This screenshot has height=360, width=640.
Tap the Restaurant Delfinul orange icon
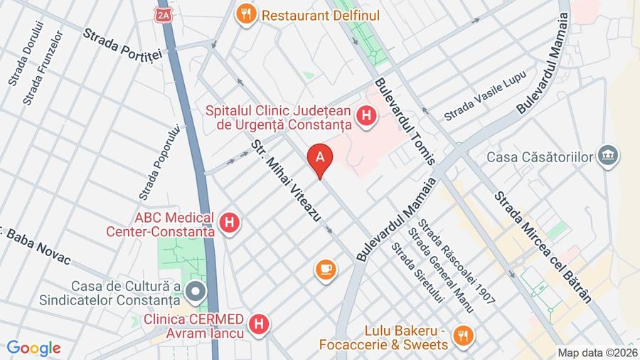coord(246,14)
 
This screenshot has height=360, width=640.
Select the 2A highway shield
coord(164,14)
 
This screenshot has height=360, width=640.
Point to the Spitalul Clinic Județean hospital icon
coord(366,116)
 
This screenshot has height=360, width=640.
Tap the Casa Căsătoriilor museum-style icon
coord(608,156)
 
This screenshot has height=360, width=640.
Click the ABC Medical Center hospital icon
coord(229,223)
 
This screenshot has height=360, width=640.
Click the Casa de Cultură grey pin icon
coord(195,291)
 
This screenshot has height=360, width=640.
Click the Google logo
coord(33,349)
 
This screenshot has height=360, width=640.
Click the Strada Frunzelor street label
coord(43,68)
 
